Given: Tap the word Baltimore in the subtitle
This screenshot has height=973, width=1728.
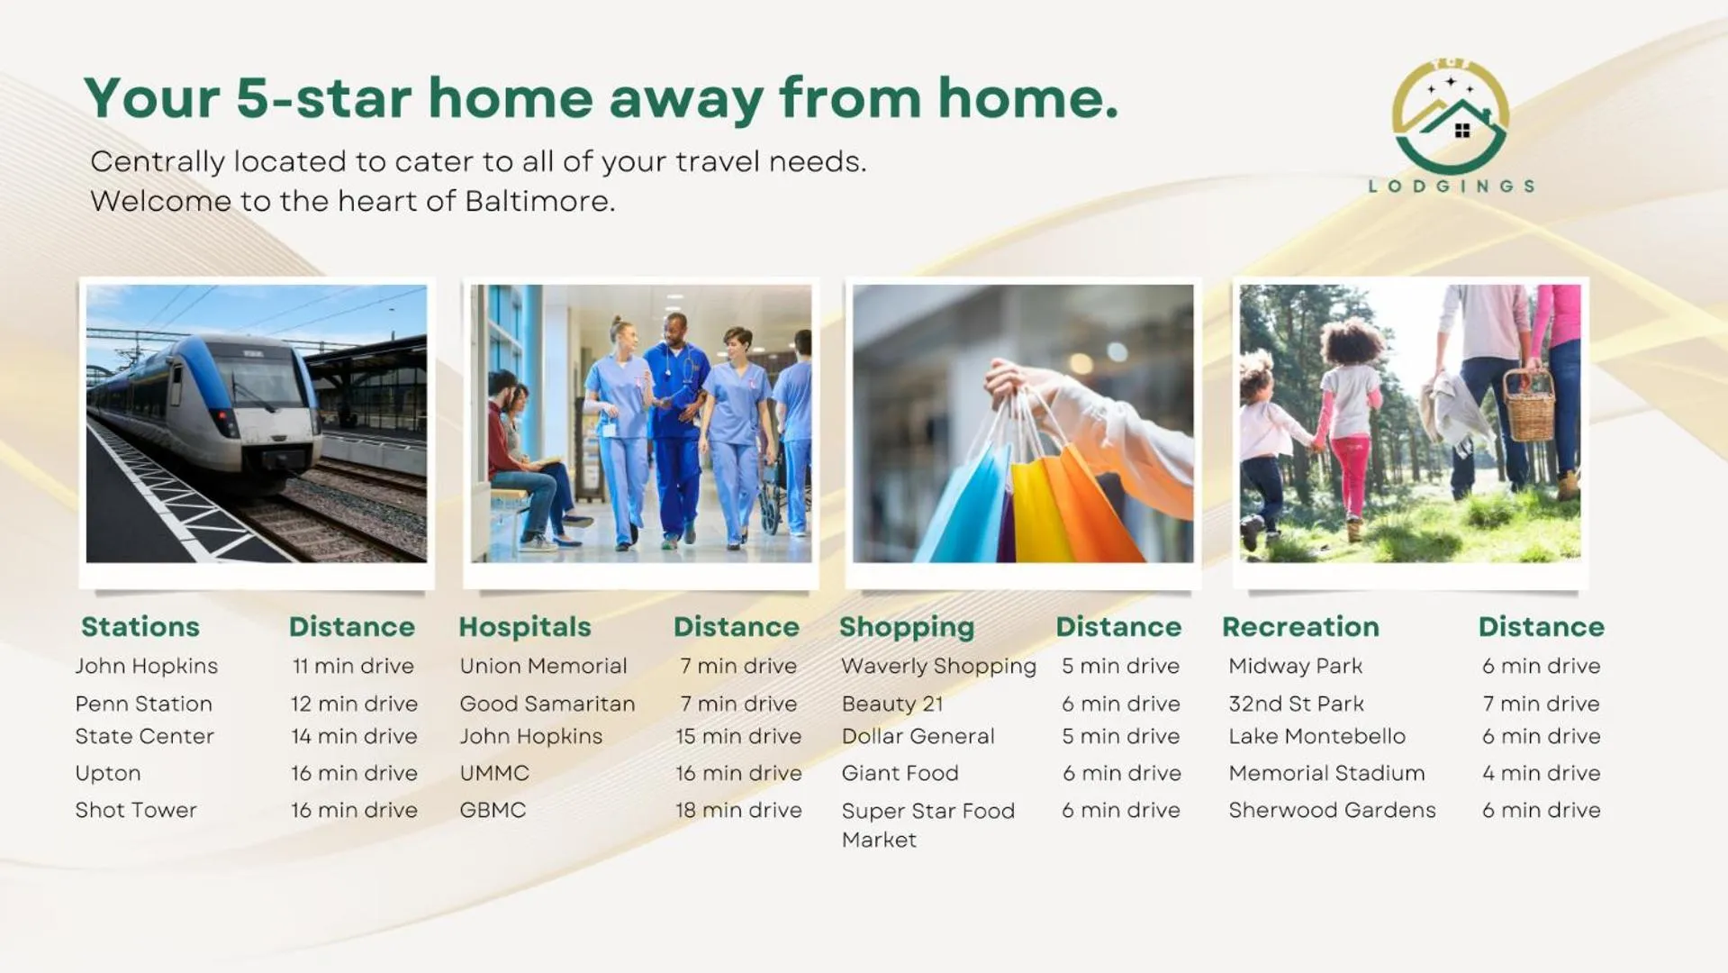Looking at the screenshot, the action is (x=539, y=201).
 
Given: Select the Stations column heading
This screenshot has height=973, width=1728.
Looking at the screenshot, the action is (x=140, y=626).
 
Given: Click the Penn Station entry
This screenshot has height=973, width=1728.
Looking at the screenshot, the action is (x=144, y=704).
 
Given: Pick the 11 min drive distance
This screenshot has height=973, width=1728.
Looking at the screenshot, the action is (x=353, y=666).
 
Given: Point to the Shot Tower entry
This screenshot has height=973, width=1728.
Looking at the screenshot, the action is (x=136, y=810).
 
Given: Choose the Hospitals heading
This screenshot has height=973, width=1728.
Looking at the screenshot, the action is (x=525, y=626).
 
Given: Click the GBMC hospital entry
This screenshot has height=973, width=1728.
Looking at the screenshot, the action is (x=493, y=810).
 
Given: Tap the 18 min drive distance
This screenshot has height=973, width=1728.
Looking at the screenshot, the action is (x=738, y=810).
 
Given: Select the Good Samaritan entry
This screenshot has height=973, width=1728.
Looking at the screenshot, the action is (x=547, y=704).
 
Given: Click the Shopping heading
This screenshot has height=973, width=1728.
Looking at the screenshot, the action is (x=907, y=627).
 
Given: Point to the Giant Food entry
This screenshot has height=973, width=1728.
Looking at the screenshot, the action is (x=900, y=773).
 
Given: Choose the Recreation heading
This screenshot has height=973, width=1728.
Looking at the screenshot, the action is (x=1300, y=626).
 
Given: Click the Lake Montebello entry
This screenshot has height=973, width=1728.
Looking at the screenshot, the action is (x=1316, y=736).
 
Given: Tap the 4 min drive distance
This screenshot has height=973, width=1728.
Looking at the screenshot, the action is (x=1542, y=773).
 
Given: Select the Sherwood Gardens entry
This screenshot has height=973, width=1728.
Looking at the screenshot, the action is (x=1332, y=810).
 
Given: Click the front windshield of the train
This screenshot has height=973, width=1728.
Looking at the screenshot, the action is (x=261, y=379).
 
